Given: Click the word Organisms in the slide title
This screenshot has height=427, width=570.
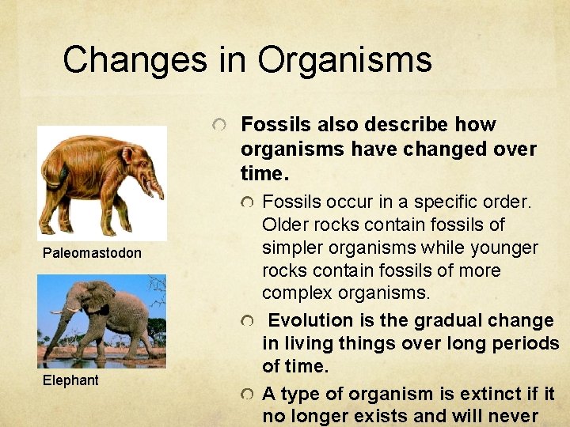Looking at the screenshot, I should (x=344, y=59).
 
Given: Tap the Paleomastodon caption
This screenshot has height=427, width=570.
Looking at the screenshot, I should (x=92, y=253).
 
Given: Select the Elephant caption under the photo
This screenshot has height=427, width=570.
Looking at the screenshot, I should (x=70, y=380).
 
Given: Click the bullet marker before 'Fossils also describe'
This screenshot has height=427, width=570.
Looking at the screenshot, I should (x=226, y=125).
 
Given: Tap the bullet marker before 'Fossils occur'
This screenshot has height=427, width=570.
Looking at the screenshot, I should (x=249, y=202).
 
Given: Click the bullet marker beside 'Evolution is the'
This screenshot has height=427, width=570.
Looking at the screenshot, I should (x=249, y=321).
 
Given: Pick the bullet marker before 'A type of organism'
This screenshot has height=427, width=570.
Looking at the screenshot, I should (x=249, y=395).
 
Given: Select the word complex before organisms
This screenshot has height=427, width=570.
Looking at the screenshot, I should (x=292, y=293).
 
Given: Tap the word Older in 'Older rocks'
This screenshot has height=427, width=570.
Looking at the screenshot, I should (x=284, y=225).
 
